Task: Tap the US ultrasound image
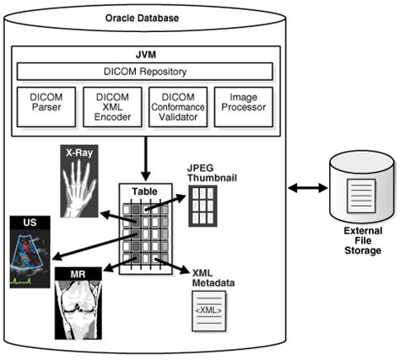[30, 252]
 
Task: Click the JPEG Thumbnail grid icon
[202, 203]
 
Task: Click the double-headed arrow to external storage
[308, 186]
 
